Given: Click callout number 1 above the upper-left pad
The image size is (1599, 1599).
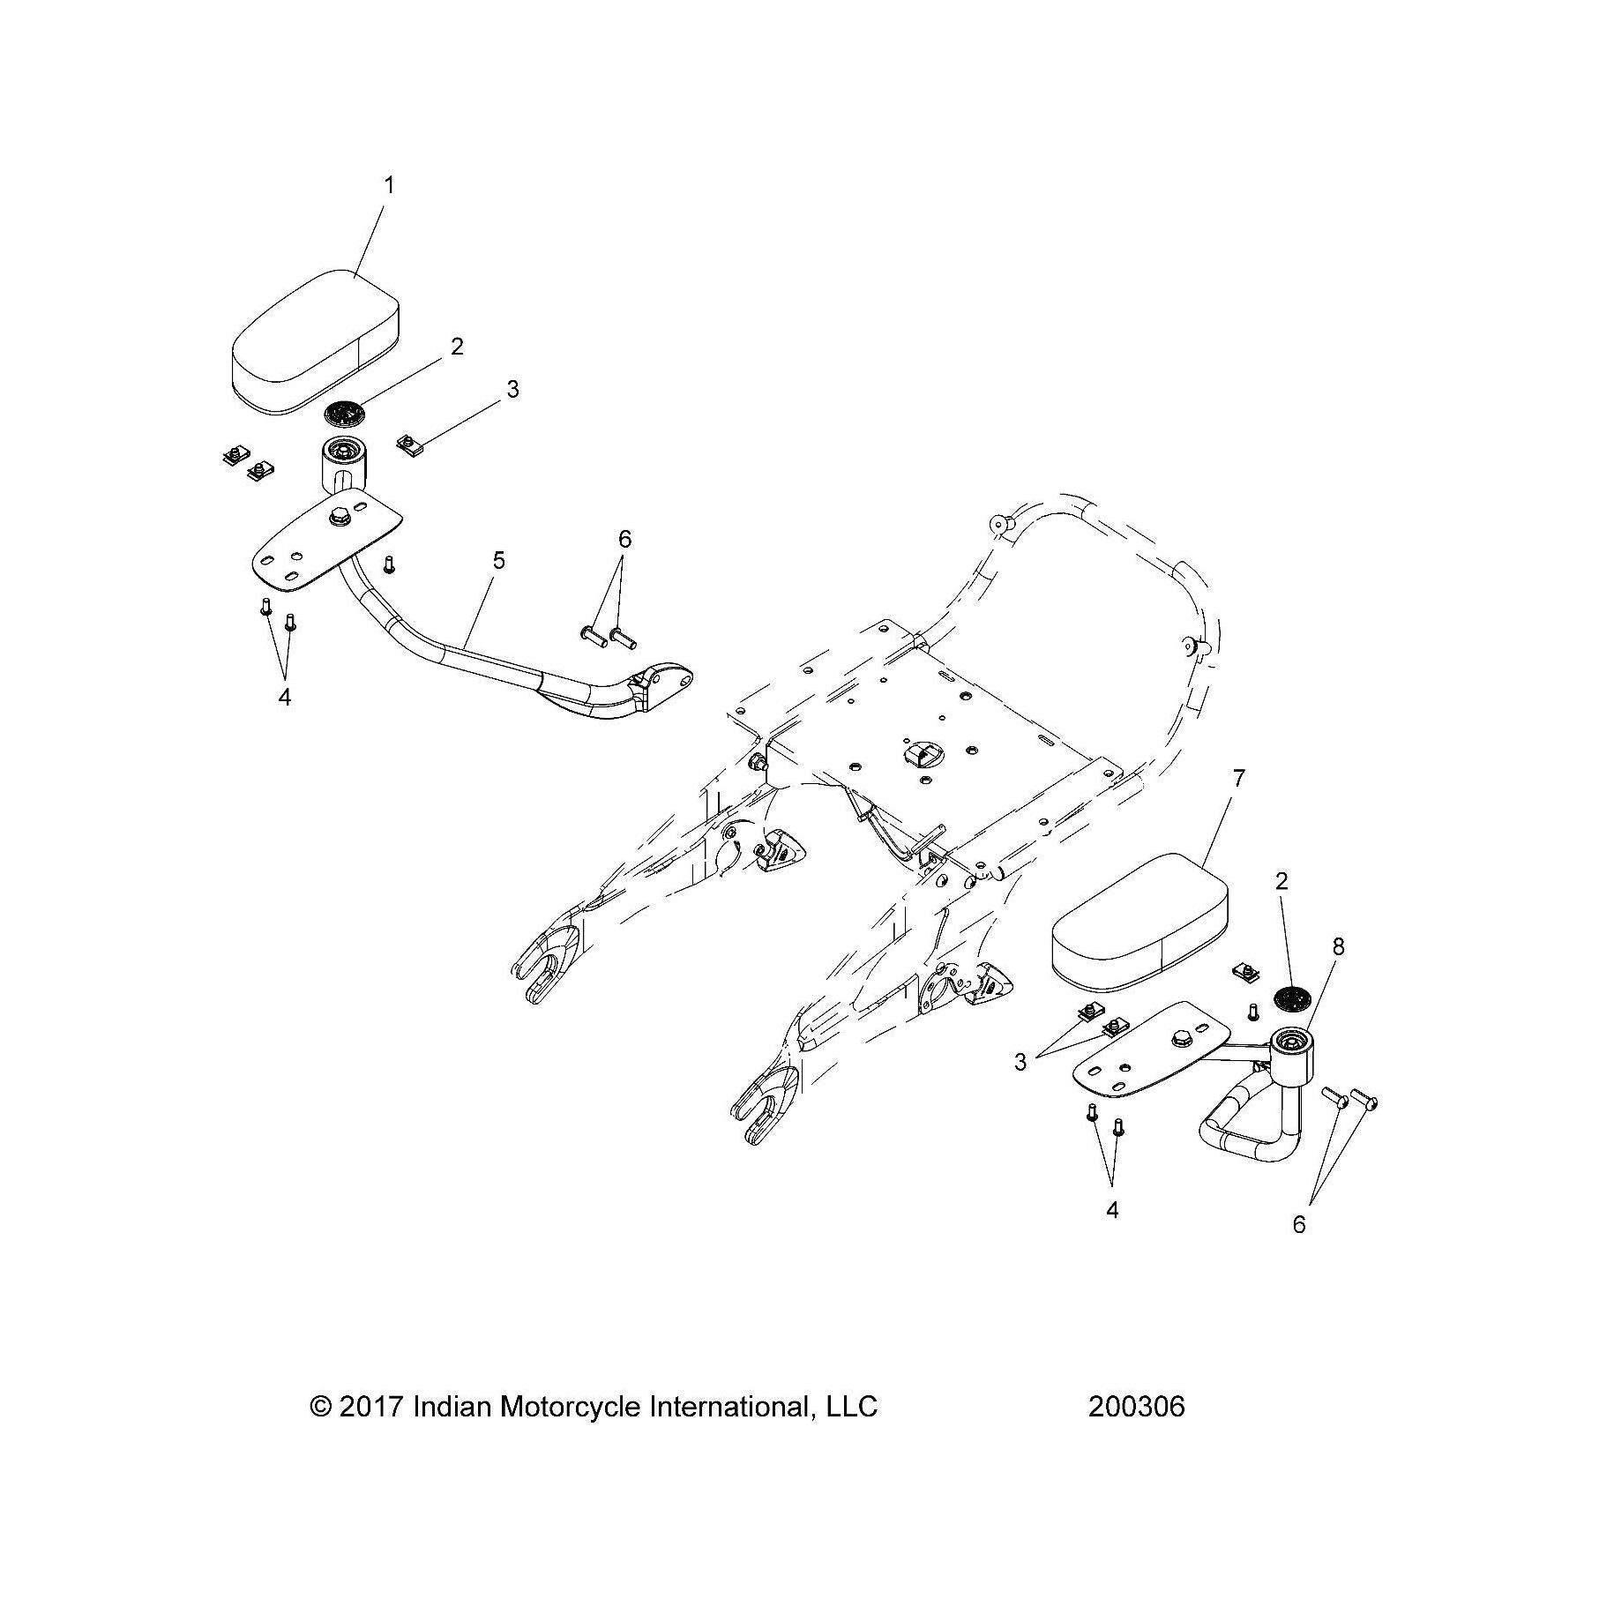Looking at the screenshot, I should pyautogui.click(x=389, y=186).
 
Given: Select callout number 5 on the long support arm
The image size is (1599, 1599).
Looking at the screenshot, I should pyautogui.click(x=499, y=560).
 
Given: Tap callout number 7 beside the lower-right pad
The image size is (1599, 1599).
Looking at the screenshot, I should pyautogui.click(x=1239, y=778).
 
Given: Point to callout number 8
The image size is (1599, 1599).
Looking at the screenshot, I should pyautogui.click(x=1339, y=946).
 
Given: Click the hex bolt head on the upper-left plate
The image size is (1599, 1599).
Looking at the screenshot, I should pyautogui.click(x=339, y=518).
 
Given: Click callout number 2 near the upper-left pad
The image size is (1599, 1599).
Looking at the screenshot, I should pyautogui.click(x=457, y=347).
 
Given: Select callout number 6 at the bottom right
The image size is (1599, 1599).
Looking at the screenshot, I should pyautogui.click(x=1298, y=1224).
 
